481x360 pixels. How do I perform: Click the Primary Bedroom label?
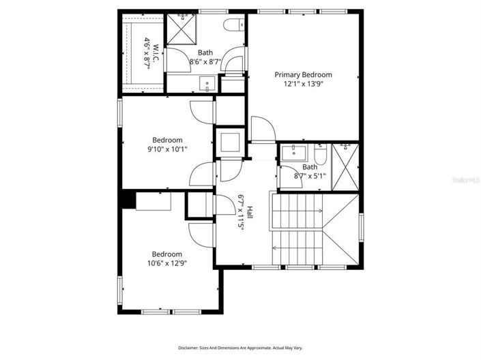coord(303,74)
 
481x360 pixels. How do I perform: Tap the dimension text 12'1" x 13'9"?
coord(303,84)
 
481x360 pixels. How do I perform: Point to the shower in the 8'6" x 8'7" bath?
coord(181,29)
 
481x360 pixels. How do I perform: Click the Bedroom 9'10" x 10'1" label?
coord(166,140)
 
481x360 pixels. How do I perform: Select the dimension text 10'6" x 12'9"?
coord(166,262)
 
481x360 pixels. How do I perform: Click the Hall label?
coord(250,213)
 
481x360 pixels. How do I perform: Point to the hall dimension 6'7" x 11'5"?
coord(241,213)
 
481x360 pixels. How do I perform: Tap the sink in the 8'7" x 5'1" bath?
coord(297,151)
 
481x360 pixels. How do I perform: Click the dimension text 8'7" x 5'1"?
coord(309,176)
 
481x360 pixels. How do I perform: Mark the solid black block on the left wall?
coord(126,200)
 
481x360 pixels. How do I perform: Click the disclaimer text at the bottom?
coord(240,348)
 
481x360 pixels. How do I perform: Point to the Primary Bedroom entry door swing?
coord(261,130)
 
